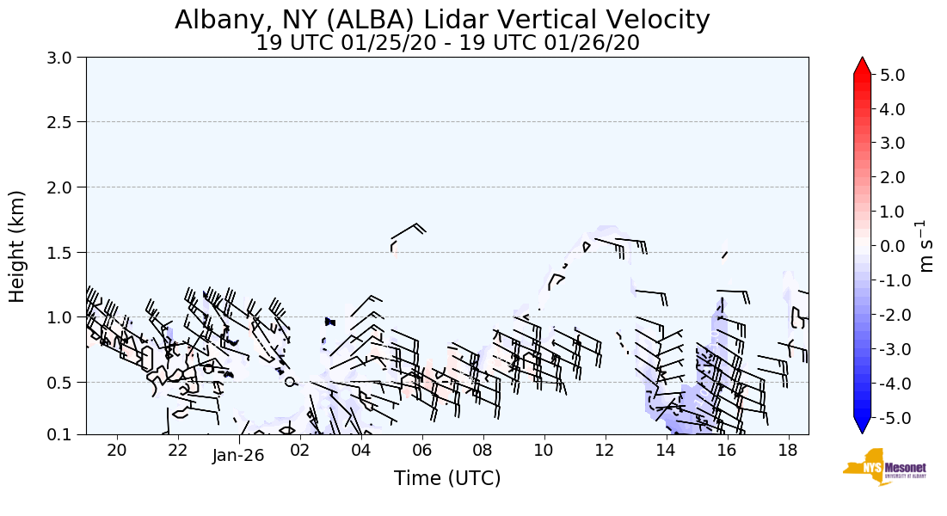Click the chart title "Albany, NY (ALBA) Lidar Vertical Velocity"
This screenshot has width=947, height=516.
[442, 20]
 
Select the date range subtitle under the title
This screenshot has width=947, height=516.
[447, 43]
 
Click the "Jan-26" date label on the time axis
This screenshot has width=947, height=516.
[238, 456]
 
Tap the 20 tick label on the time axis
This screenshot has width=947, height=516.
[117, 451]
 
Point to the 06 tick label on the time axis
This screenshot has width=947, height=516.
[421, 451]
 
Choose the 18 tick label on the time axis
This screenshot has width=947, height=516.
[787, 451]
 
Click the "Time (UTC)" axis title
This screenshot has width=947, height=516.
[447, 478]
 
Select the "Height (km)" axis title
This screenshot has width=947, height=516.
[17, 246]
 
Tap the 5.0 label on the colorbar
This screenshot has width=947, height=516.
[892, 76]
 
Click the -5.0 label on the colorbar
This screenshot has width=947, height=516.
[889, 418]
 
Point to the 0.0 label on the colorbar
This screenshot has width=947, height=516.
[892, 247]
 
